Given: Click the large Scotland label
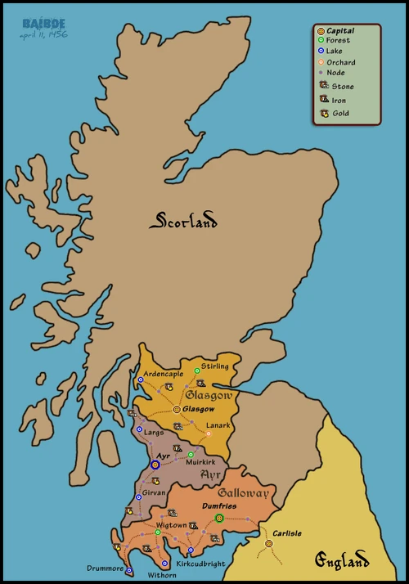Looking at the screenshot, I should pyautogui.click(x=183, y=221).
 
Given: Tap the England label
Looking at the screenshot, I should pyautogui.click(x=342, y=560).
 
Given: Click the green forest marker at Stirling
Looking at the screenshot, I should pyautogui.click(x=197, y=371).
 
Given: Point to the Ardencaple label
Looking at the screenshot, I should pyautogui.click(x=164, y=374).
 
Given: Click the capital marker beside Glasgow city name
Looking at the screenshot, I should pyautogui.click(x=177, y=409).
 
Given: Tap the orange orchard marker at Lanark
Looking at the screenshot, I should pyautogui.click(x=208, y=434).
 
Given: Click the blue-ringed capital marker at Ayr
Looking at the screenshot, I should pyautogui.click(x=155, y=465).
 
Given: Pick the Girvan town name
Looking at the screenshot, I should pyautogui.click(x=154, y=493).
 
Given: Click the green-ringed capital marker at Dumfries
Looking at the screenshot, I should pyautogui.click(x=218, y=518).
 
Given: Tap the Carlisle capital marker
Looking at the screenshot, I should pyautogui.click(x=268, y=543).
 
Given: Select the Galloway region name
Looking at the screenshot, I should pyautogui.click(x=243, y=493).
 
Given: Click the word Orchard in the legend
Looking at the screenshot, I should pyautogui.click(x=339, y=62).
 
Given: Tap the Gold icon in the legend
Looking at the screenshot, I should pyautogui.click(x=323, y=113).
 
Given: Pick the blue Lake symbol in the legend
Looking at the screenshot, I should pyautogui.click(x=321, y=51).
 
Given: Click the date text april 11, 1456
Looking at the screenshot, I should pyautogui.click(x=43, y=36).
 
